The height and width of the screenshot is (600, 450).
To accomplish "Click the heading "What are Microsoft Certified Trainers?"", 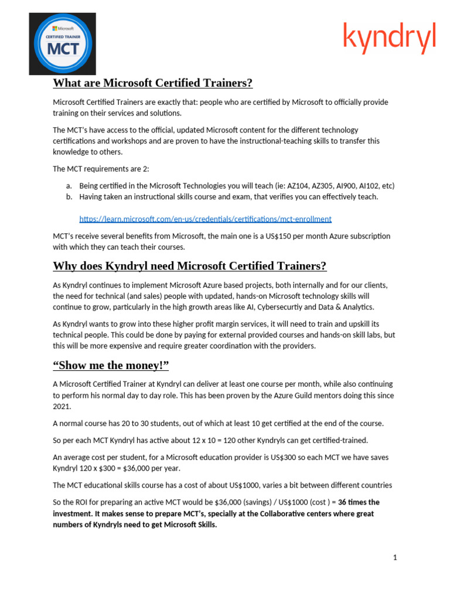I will pyautogui.click(x=152, y=83).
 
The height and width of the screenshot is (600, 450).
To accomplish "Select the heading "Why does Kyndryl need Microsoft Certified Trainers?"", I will pyautogui.click(x=189, y=266).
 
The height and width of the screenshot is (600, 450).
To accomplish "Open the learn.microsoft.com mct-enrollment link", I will pyautogui.click(x=205, y=219).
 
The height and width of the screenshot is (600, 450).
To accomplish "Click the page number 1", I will pyautogui.click(x=395, y=557).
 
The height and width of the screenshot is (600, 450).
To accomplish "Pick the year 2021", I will pyautogui.click(x=62, y=406).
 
